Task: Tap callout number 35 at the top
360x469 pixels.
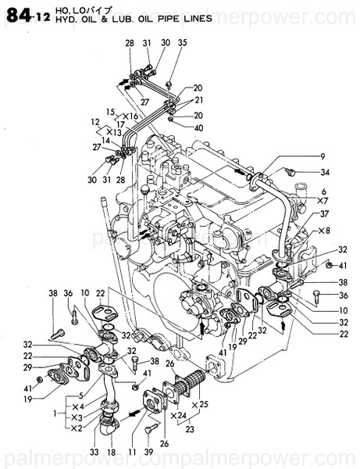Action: point(183,43)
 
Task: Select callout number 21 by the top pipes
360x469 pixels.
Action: point(198,101)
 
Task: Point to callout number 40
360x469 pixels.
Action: point(198,127)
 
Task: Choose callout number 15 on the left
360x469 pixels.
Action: point(111,112)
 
